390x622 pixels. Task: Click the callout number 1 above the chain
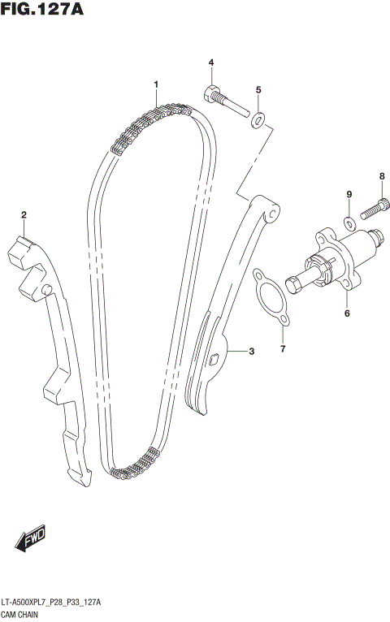pyautogui.click(x=155, y=84)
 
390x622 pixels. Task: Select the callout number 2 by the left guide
pyautogui.click(x=24, y=214)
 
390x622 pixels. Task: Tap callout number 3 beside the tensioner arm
pyautogui.click(x=252, y=352)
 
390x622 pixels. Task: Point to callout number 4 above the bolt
pyautogui.click(x=210, y=63)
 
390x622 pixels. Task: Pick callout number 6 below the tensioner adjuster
pyautogui.click(x=346, y=313)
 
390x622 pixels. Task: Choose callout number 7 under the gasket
pyautogui.click(x=283, y=349)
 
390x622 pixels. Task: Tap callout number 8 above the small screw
pyautogui.click(x=381, y=176)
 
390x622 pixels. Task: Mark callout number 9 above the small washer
pyautogui.click(x=349, y=194)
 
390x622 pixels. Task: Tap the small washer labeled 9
pyautogui.click(x=349, y=222)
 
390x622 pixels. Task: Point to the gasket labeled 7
pyautogui.click(x=271, y=300)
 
